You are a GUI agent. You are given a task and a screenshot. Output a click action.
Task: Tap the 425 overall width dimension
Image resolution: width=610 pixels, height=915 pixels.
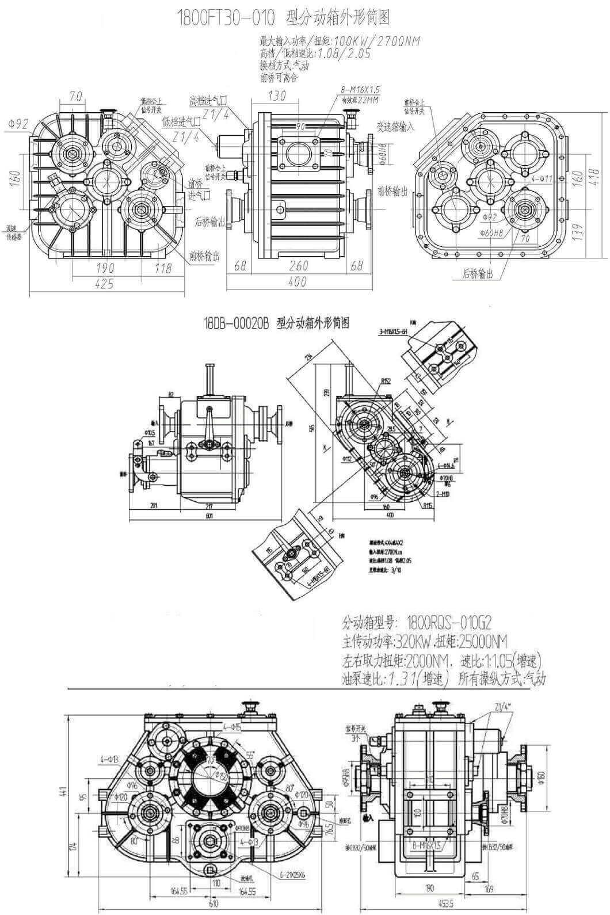[x=105, y=284]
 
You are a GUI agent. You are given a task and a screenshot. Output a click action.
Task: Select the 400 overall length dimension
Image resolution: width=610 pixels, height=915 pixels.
[x=298, y=282]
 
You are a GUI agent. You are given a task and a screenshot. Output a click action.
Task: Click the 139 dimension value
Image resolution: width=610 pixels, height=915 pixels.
[x=578, y=230]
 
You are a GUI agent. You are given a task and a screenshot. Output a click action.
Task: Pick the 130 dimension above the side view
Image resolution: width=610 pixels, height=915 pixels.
[x=277, y=96]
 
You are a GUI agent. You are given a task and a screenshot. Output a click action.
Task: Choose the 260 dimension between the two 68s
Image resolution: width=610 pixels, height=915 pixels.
[x=298, y=266]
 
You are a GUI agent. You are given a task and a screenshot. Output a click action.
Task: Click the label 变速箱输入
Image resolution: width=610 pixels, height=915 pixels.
[x=395, y=127]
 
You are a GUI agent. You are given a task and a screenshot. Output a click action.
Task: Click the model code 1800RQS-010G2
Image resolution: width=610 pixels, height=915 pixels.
[x=449, y=622]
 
